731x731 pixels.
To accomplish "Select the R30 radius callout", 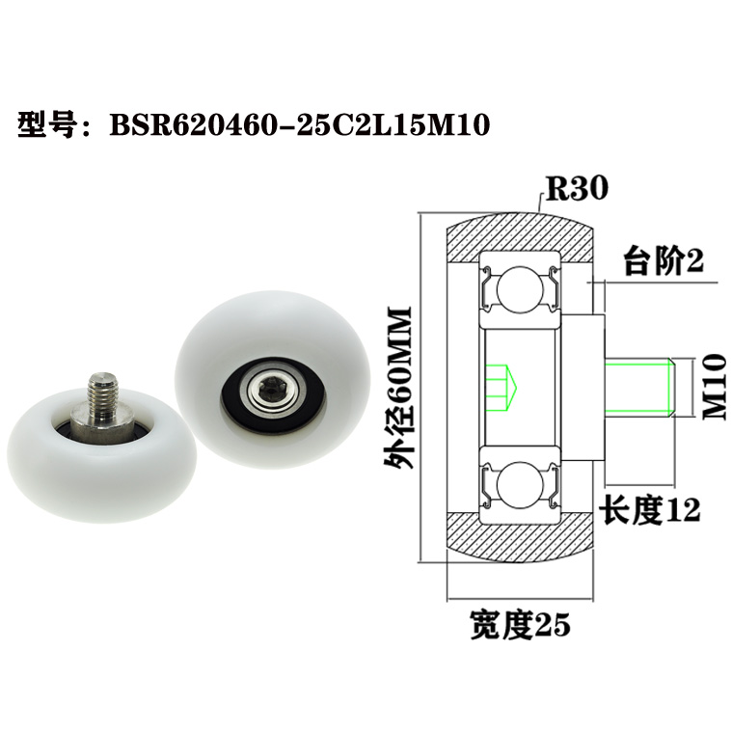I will [x=576, y=188].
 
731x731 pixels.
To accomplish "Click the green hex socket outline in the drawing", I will [x=502, y=387].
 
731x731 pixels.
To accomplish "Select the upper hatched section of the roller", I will [x=522, y=231].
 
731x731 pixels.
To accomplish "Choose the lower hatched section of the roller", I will [x=522, y=540].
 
